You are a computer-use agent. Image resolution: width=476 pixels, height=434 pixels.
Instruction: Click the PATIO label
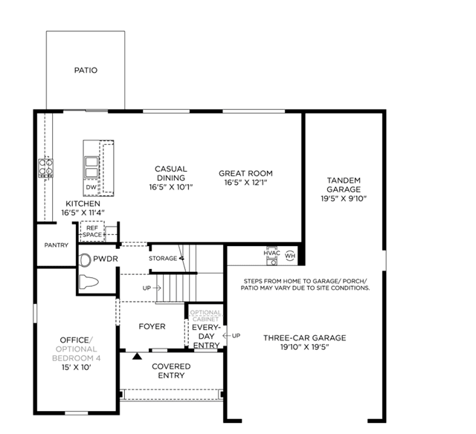(x=86, y=70)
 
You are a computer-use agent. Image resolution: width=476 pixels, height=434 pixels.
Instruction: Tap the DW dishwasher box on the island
(x=91, y=187)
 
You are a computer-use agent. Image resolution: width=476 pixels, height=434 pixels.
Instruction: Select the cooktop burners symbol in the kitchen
(x=46, y=168)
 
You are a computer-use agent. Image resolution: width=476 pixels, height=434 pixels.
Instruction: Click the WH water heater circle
(x=290, y=256)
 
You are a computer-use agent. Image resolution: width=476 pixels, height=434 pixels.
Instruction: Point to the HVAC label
(x=271, y=253)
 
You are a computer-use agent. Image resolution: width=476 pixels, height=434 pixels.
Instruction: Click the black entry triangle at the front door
(x=137, y=356)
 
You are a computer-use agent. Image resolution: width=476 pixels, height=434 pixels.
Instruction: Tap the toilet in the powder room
(x=89, y=282)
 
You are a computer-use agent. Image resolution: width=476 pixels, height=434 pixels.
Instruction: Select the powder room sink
(x=85, y=260)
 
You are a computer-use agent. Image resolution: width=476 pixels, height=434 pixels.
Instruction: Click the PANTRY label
(x=57, y=245)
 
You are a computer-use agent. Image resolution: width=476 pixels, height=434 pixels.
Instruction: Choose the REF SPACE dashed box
(x=92, y=231)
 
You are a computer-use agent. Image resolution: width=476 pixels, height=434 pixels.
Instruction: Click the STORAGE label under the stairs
(x=163, y=259)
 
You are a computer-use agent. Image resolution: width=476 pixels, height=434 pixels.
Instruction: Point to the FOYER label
(x=152, y=326)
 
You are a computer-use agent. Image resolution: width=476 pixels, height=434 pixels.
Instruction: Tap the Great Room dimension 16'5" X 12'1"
(x=245, y=183)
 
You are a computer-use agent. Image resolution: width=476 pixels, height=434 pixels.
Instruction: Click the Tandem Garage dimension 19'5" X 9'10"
(x=344, y=198)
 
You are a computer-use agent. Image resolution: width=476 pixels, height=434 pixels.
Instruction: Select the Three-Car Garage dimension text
(x=305, y=347)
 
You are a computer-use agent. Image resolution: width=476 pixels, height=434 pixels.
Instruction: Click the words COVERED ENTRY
(x=171, y=371)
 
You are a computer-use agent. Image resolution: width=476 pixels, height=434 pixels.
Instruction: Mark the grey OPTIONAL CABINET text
(x=205, y=316)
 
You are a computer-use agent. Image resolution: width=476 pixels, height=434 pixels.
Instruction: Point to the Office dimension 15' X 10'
(x=77, y=368)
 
